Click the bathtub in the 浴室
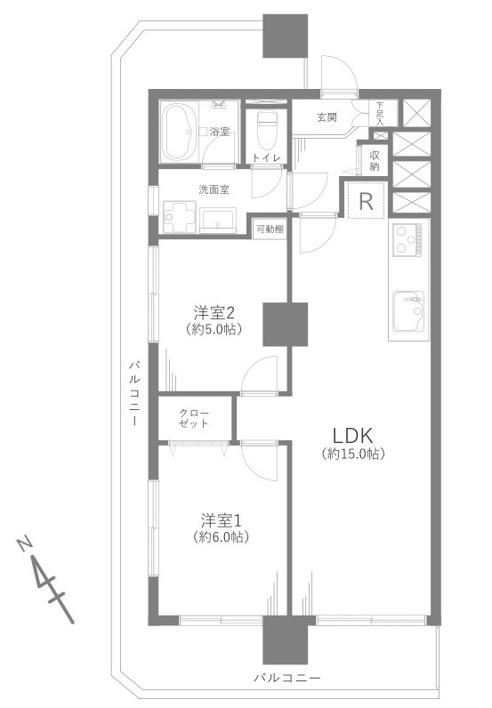click(x=182, y=133)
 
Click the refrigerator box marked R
click(x=366, y=201)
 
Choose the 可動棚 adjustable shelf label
click(x=270, y=229)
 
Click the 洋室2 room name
click(x=214, y=312)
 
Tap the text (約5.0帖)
click(x=214, y=329)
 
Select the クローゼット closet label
click(x=195, y=418)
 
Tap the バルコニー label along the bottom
click(x=287, y=678)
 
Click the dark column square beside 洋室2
click(x=285, y=323)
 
